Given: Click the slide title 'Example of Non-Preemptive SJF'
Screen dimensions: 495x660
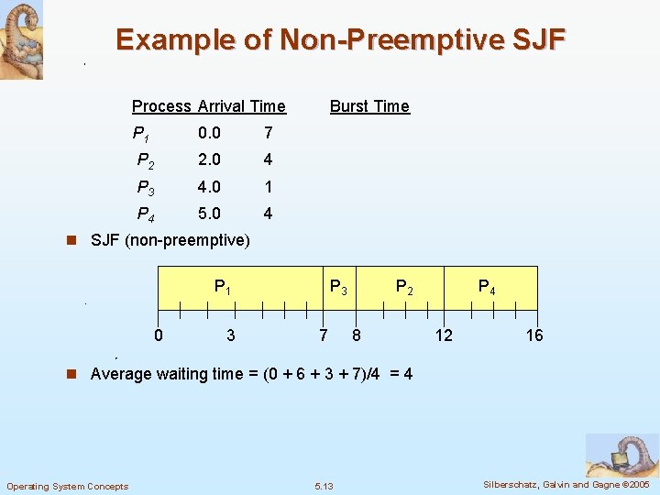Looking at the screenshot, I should coord(341,40).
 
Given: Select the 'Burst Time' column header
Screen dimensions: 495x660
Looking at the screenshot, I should coord(369,106).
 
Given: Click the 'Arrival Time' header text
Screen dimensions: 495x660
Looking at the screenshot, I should coord(241,106).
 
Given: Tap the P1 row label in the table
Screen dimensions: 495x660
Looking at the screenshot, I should coord(142,134).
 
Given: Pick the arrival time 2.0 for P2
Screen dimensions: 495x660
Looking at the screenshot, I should coord(209,160).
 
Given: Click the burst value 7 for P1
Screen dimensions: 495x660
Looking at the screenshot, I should coord(268,134).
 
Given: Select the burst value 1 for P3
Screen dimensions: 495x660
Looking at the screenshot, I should coord(268,187).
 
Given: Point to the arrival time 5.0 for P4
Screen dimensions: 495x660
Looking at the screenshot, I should coord(209,214).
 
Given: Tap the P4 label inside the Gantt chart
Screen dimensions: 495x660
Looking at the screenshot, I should coord(488,287).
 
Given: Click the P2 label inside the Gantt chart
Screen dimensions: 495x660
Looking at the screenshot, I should coord(404,287).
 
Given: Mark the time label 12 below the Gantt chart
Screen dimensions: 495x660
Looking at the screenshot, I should coord(444,335).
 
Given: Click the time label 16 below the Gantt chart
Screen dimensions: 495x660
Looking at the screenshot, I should coord(534,335).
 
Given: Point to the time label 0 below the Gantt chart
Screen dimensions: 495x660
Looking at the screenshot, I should coord(159,335).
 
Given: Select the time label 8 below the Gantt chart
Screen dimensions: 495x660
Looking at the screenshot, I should coord(357,335).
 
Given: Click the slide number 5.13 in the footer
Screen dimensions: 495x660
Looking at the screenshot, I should coord(324,486).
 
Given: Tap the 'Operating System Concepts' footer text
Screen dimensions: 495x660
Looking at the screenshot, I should coord(67,486).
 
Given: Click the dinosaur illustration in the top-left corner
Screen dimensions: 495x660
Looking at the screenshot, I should coord(21,39).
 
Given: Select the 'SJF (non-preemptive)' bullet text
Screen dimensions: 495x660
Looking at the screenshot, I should coord(170,241).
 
